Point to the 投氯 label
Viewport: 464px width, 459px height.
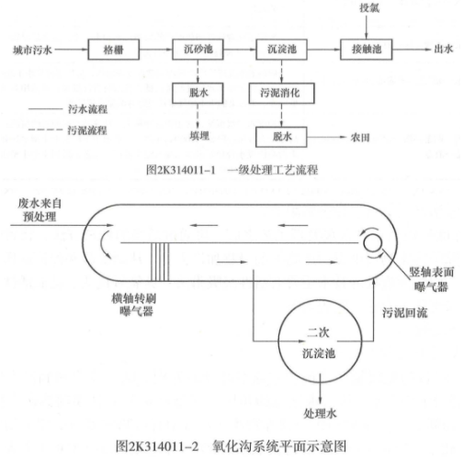click(x=369, y=7)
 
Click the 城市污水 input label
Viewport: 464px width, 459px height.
click(x=32, y=50)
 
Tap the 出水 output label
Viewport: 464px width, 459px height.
click(x=443, y=49)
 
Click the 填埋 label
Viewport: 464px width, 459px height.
click(x=199, y=136)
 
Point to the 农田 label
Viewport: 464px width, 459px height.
click(x=360, y=138)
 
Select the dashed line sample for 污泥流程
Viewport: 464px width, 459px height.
click(x=45, y=129)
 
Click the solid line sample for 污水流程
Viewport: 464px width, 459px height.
click(x=45, y=108)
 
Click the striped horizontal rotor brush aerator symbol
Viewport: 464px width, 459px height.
click(x=160, y=262)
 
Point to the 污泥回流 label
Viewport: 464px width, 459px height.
click(x=404, y=313)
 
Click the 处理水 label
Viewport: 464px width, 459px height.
click(x=320, y=414)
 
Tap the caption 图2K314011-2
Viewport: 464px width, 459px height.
click(x=157, y=446)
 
